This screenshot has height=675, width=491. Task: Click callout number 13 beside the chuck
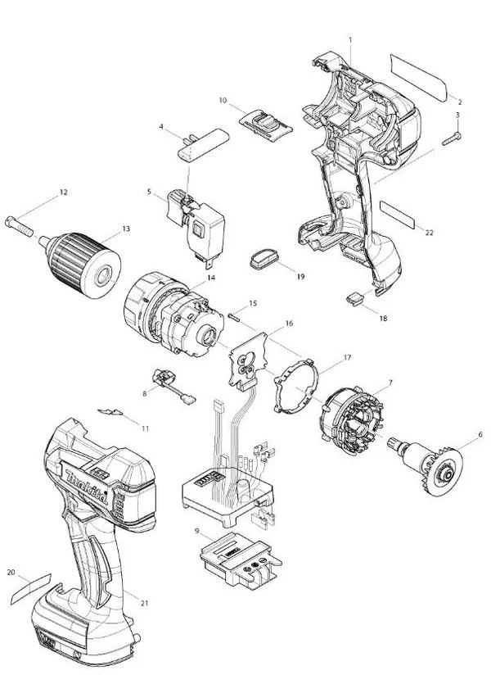pos(125,229)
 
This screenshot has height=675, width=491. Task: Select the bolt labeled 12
pos(19,226)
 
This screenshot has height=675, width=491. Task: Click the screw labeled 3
pos(451,139)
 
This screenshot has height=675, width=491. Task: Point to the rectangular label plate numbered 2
pos(418,78)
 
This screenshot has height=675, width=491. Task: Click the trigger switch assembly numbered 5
pos(196,225)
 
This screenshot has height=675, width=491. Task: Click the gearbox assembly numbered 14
pos(173,315)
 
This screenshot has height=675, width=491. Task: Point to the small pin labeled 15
pos(235,316)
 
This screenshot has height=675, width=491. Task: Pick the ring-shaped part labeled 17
pos(297,385)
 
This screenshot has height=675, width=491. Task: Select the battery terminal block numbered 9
pos(241,559)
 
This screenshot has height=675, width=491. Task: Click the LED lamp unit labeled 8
pos(173,386)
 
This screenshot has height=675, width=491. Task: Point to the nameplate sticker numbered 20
pos(31,588)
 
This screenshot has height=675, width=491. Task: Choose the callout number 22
pos(430,233)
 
